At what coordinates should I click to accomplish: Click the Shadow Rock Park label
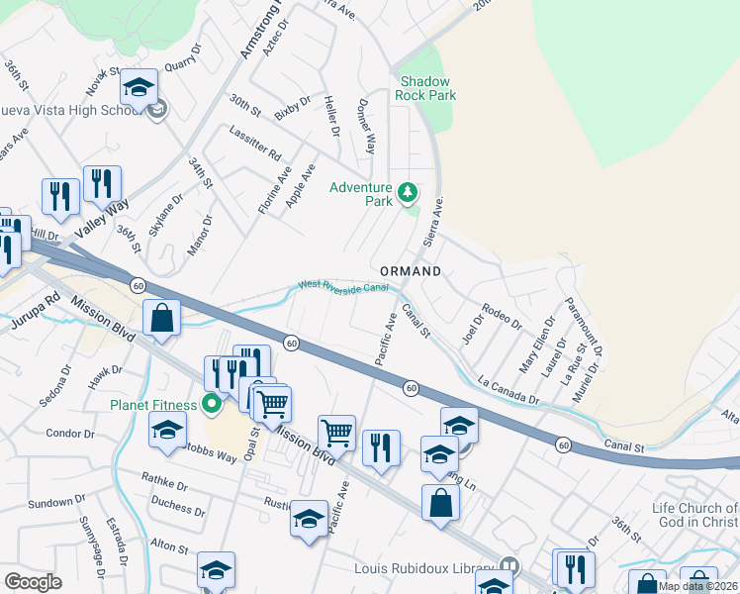[425, 88]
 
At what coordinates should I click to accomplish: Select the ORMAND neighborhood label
[411, 270]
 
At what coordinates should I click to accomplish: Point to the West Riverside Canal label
[342, 286]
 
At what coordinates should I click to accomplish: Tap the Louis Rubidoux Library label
[425, 568]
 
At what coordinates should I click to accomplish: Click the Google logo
[33, 582]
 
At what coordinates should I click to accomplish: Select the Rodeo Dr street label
[504, 317]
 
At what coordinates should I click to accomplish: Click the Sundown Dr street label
[50, 503]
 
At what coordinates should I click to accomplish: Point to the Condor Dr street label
[69, 433]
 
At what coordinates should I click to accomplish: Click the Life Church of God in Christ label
[695, 515]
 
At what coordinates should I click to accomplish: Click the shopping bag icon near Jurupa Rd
[161, 320]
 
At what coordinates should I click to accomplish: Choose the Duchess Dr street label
[178, 512]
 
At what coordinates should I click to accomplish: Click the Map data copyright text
[697, 586]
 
